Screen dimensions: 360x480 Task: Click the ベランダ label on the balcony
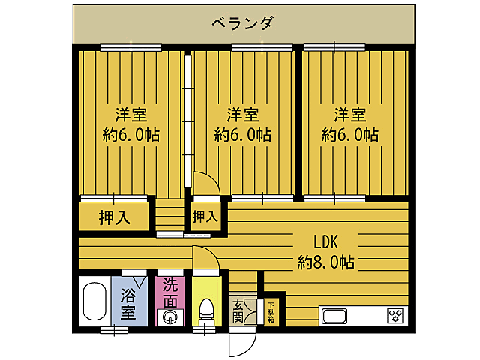click(x=241, y=22)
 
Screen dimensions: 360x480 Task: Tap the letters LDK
click(x=326, y=242)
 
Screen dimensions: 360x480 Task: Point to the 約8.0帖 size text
click(x=325, y=262)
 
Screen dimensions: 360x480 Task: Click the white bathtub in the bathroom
click(x=94, y=301)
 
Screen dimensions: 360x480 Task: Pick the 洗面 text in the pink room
click(x=170, y=292)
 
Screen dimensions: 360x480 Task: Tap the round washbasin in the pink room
click(x=170, y=316)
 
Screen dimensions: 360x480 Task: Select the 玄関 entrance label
click(x=238, y=310)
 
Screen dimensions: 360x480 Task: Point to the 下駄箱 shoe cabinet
click(x=270, y=312)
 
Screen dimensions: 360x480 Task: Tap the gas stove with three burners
click(x=395, y=316)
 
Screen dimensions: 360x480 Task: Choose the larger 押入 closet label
click(x=115, y=218)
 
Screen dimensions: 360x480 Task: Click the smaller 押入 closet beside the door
click(x=205, y=217)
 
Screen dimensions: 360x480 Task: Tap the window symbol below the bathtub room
click(x=113, y=328)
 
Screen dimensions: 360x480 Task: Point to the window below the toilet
click(x=205, y=328)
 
